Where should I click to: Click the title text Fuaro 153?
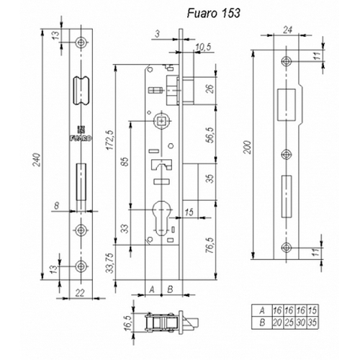click(213, 13)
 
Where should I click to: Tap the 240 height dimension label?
click(37, 160)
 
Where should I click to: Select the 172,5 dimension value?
click(111, 140)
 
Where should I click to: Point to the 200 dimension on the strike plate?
click(248, 148)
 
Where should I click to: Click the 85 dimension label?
click(125, 162)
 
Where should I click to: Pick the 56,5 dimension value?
click(210, 135)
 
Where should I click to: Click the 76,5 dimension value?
click(210, 246)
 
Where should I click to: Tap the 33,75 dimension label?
click(110, 263)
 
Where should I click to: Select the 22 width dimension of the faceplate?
click(80, 293)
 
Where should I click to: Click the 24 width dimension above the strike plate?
click(287, 30)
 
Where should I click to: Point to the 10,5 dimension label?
click(203, 47)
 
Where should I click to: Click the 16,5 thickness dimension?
click(128, 323)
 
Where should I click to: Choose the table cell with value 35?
click(312, 323)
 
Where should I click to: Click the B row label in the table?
click(262, 323)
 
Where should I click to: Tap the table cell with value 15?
click(312, 311)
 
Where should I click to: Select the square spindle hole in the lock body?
click(162, 121)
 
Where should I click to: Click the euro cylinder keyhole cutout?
click(162, 217)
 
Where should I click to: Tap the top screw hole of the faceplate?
click(81, 42)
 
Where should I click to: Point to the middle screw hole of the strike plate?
click(287, 155)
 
